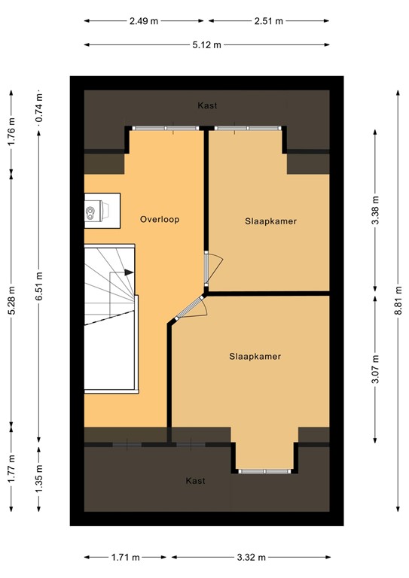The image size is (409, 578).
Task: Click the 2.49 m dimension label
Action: (x=144, y=21)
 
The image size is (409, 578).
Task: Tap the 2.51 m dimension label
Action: (x=268, y=21)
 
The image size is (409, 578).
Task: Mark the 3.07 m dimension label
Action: (x=375, y=368)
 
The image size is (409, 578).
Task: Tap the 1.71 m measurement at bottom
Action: (x=125, y=558)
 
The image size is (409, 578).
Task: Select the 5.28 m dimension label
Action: (x=11, y=299)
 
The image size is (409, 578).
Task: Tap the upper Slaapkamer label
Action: (x=270, y=221)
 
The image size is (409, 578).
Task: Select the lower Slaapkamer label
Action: (x=255, y=357)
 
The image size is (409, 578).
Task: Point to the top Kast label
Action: (x=207, y=106)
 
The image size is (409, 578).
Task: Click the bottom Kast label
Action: (x=195, y=480)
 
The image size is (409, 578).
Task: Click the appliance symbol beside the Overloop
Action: (x=95, y=212)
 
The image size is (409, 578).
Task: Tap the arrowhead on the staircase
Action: (x=130, y=272)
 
